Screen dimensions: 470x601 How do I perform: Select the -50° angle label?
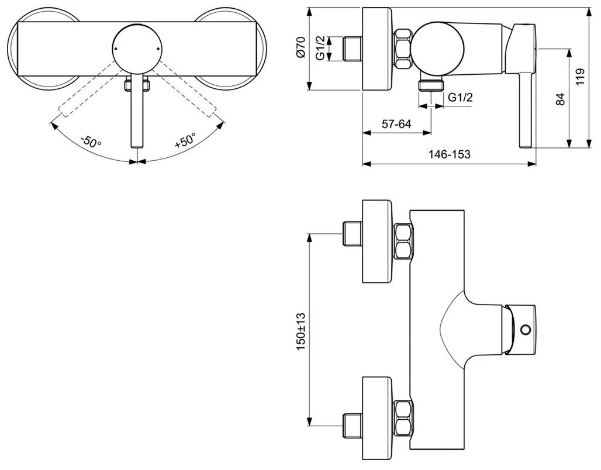pos(91,142)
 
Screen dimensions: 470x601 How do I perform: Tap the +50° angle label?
pos(185,142)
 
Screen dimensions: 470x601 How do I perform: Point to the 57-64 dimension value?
pos(397,124)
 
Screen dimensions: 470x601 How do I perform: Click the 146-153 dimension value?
pos(448,155)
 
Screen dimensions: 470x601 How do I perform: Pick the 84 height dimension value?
pos(560,99)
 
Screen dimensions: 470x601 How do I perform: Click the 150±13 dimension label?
pos(299,330)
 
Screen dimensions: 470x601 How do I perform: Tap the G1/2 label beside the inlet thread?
pos(320,49)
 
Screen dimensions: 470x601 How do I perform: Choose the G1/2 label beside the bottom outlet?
pos(461,98)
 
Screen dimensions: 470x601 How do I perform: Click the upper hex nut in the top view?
pos(404,243)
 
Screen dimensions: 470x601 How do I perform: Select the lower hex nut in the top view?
pos(404,419)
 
